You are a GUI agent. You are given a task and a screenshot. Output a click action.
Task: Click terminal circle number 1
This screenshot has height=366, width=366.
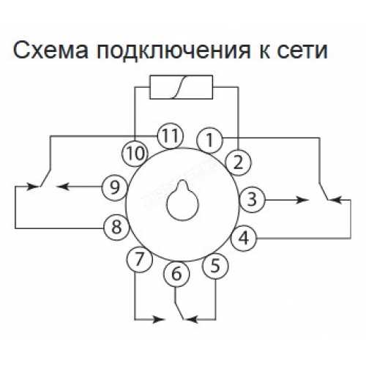click(209, 141)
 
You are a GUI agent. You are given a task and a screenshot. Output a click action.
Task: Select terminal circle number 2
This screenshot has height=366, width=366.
click(238, 163)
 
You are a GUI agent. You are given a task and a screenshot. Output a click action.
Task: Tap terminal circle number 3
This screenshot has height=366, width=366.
click(252, 200)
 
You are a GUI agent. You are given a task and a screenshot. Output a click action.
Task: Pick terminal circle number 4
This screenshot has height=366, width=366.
click(244, 238)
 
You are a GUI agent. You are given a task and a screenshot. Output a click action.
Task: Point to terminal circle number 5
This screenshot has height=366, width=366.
click(215, 266)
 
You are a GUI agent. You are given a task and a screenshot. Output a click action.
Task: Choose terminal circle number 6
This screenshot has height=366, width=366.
click(176, 274)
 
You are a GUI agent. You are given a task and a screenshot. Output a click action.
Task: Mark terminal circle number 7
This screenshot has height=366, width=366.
click(140, 259)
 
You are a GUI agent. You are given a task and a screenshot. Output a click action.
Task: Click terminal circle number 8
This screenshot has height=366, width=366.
click(116, 228)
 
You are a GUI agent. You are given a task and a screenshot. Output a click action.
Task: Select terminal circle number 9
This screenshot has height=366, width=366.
click(114, 188)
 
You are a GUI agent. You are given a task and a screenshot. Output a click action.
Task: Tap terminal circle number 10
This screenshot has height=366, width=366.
click(135, 154)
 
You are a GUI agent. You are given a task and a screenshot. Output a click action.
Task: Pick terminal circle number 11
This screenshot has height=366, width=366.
click(171, 136)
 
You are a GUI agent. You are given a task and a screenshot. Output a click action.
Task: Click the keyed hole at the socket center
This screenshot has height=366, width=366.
click(183, 201)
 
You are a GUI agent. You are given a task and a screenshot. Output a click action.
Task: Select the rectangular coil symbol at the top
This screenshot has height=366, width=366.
click(181, 87)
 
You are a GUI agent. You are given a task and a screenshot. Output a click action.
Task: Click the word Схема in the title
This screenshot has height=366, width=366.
click(51, 51)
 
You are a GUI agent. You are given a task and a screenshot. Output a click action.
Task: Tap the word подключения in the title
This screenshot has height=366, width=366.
click(173, 52)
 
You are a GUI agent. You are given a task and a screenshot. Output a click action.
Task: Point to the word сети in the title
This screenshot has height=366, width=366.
click(302, 51)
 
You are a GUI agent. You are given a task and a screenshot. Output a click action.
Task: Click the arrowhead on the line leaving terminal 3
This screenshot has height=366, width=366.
click(301, 200)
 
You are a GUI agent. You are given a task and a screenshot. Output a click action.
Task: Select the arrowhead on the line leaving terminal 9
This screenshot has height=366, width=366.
click(63, 187)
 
